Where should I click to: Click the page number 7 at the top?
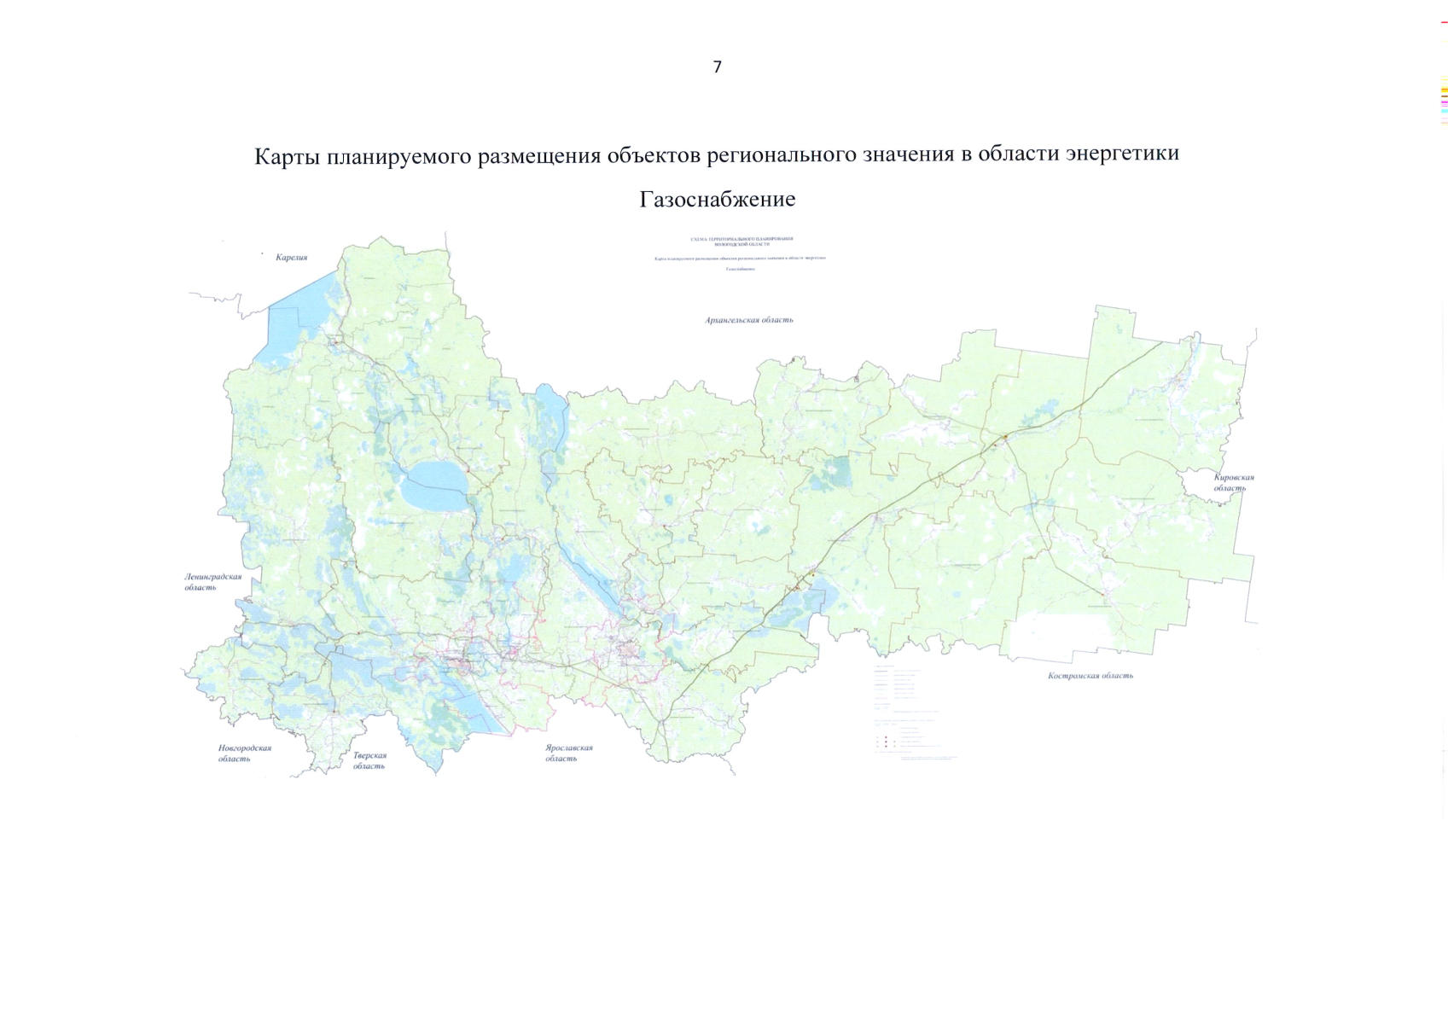[x=717, y=67]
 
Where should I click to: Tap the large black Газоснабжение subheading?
[x=717, y=200]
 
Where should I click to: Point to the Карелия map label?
[x=291, y=257]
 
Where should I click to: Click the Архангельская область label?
[x=749, y=320]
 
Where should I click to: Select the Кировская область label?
[x=1233, y=482]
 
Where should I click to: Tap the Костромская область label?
[x=1090, y=675]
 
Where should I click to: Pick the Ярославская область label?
[x=569, y=753]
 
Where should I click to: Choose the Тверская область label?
[x=369, y=760]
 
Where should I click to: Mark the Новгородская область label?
[x=244, y=753]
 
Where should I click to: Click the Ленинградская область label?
[x=212, y=582]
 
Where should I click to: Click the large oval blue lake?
[x=435, y=486]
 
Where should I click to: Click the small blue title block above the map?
[x=740, y=254]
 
